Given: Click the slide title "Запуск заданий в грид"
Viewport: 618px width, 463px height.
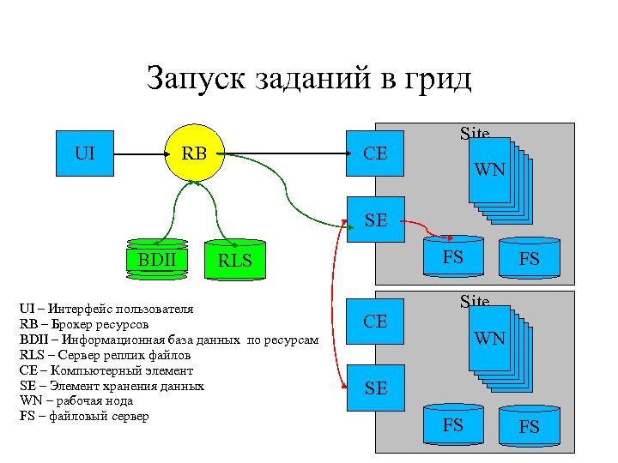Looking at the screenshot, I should point(309,79).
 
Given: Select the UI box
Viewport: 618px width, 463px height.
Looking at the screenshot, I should point(85,154).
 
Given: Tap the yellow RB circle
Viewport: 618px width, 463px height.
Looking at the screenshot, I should point(194,154).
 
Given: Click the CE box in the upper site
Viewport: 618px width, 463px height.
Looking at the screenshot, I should point(375,154).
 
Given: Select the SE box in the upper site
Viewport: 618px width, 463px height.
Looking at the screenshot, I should point(375,220).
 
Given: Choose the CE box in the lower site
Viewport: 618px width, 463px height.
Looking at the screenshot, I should point(375,322).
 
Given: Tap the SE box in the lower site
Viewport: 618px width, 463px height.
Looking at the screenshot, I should point(375,388).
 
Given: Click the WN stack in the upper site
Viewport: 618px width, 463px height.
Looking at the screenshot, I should point(498,176).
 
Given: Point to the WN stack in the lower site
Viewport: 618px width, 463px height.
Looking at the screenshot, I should point(498,343).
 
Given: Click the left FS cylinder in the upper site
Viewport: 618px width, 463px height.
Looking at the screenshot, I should point(452,256).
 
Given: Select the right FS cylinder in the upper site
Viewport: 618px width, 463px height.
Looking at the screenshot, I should point(530,258).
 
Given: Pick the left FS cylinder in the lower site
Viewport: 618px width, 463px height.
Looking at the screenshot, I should point(452,424).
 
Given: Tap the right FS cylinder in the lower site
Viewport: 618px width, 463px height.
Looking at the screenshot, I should point(530,426).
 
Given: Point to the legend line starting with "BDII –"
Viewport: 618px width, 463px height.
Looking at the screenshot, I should point(168,340).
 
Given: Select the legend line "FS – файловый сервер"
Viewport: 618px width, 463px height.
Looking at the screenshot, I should point(83,417).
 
